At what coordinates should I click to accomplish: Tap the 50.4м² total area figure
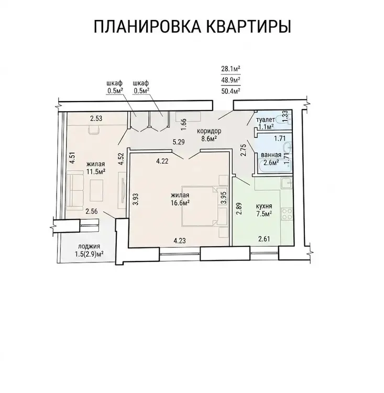(231, 91)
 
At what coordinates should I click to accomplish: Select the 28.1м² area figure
(231, 69)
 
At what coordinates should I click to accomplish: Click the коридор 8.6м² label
(209, 135)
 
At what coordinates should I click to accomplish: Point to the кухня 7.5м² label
(264, 210)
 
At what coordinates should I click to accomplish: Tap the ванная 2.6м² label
(271, 159)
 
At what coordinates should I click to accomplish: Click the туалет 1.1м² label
(266, 123)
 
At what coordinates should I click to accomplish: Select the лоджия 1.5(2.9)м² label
(89, 250)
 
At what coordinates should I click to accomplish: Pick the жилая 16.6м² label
(180, 199)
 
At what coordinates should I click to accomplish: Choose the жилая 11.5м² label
(95, 168)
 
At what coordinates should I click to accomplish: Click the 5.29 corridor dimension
(179, 142)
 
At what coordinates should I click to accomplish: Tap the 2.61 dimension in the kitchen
(264, 239)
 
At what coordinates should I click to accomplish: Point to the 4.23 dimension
(180, 241)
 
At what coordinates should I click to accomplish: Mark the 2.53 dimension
(96, 118)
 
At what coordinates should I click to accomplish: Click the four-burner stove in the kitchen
(287, 214)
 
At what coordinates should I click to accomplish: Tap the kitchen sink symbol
(287, 183)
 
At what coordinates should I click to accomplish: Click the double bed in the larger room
(200, 206)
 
